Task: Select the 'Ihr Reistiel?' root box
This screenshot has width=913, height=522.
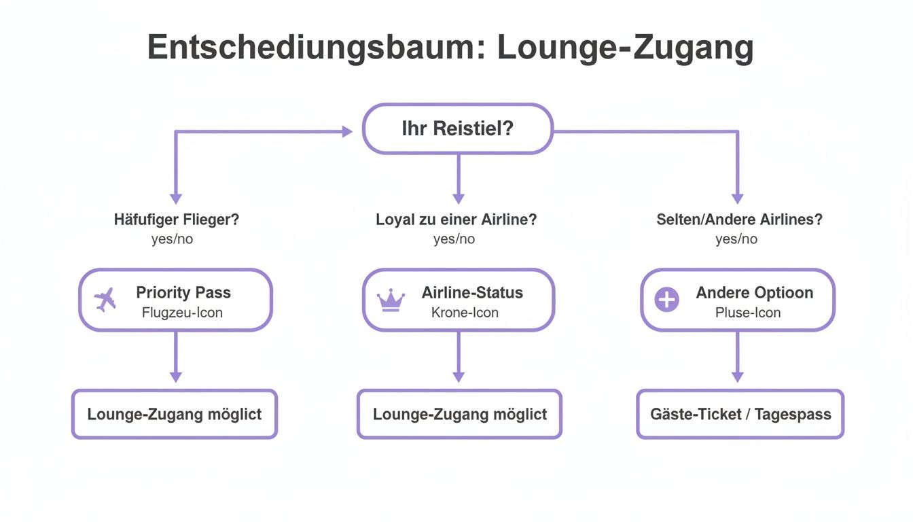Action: click(457, 128)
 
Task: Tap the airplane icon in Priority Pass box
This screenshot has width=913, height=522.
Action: click(105, 300)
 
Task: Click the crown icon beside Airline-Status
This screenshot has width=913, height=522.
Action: click(391, 300)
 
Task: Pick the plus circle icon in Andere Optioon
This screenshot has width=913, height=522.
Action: click(666, 300)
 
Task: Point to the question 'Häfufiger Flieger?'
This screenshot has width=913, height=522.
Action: click(176, 220)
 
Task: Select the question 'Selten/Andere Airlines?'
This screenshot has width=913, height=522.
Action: click(739, 220)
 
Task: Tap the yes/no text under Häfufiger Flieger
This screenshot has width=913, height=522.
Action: click(172, 239)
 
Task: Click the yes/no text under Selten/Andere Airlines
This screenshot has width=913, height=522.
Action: click(736, 239)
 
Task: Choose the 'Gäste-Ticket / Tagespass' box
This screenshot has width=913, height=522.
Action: click(740, 414)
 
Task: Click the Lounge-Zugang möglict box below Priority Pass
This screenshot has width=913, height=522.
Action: click(175, 414)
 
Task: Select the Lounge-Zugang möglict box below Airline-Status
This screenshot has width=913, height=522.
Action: click(459, 414)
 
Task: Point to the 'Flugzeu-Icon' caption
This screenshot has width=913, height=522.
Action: click(182, 313)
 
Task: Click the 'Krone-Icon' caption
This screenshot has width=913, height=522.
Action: click(465, 313)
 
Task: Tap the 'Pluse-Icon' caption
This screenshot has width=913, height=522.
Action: click(747, 313)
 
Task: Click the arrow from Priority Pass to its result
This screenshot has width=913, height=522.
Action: click(176, 357)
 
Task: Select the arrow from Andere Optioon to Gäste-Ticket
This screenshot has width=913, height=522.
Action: click(738, 357)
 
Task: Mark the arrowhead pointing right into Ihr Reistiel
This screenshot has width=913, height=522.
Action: click(346, 132)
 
